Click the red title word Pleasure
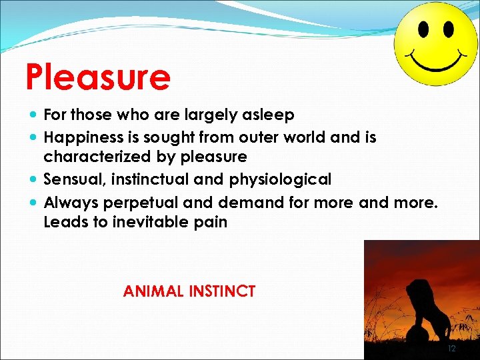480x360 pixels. [98, 77]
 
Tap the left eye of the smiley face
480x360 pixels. [423, 29]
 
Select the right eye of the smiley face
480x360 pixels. [447, 30]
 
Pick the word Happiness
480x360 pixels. [83, 137]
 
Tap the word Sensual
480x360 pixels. [71, 179]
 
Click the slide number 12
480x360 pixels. [451, 349]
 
